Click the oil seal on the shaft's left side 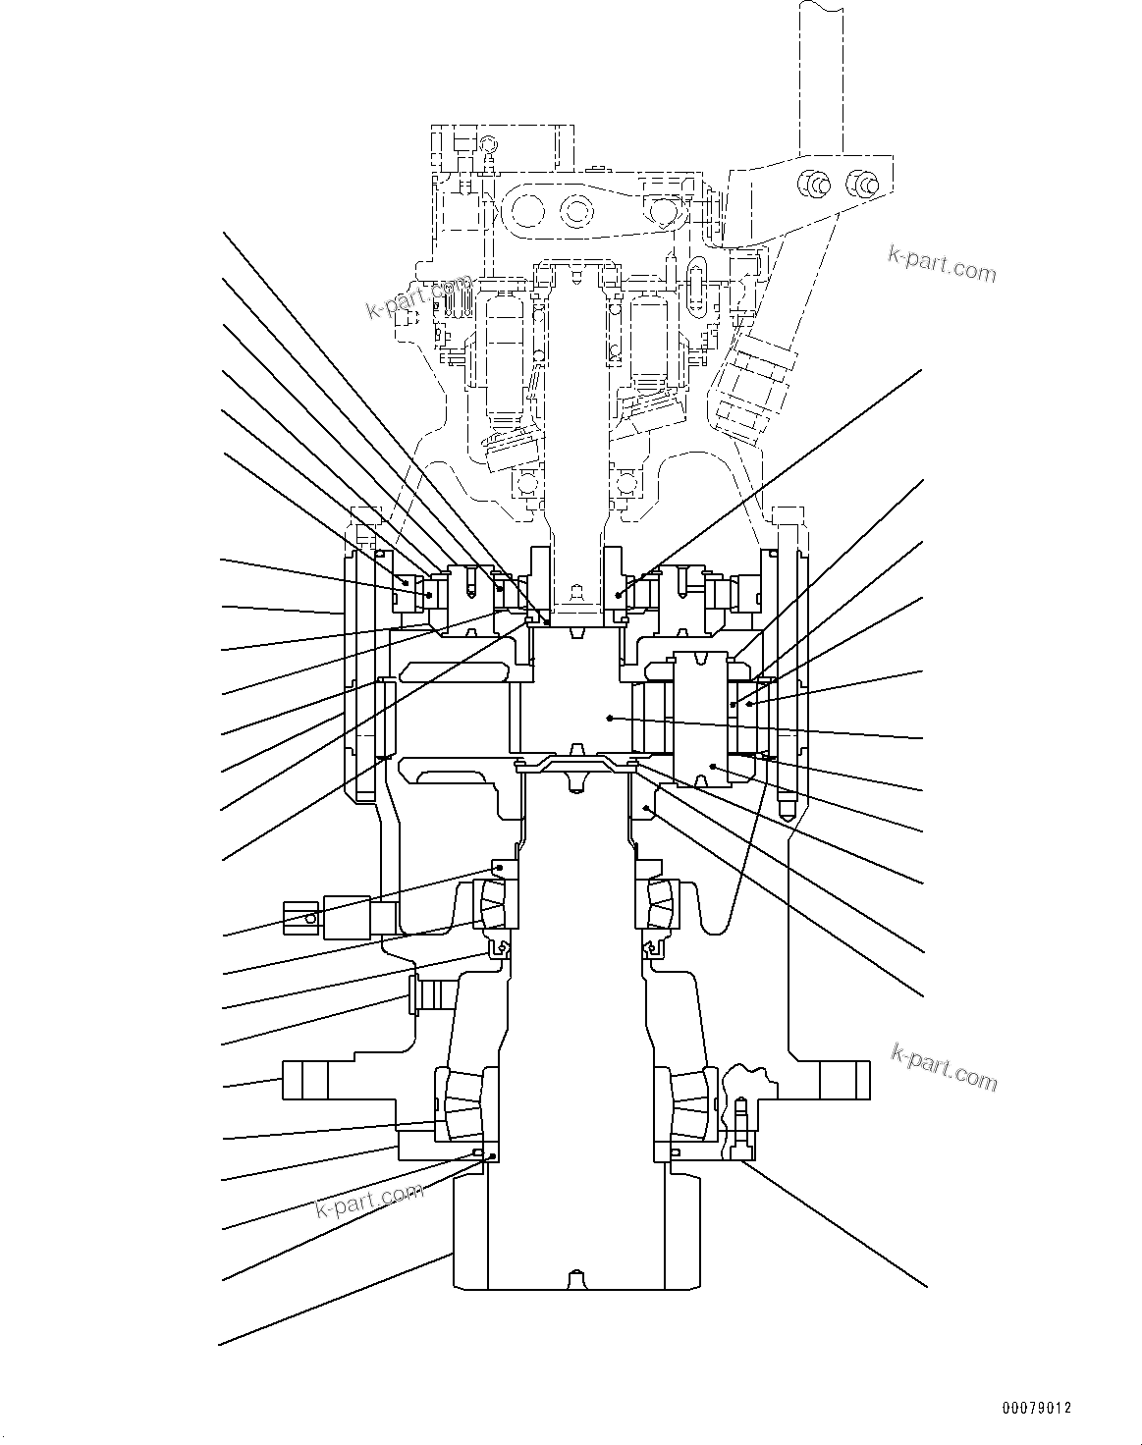[500, 949]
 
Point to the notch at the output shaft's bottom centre [571, 1280]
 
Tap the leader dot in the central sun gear [610, 719]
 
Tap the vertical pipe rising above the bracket [824, 79]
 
